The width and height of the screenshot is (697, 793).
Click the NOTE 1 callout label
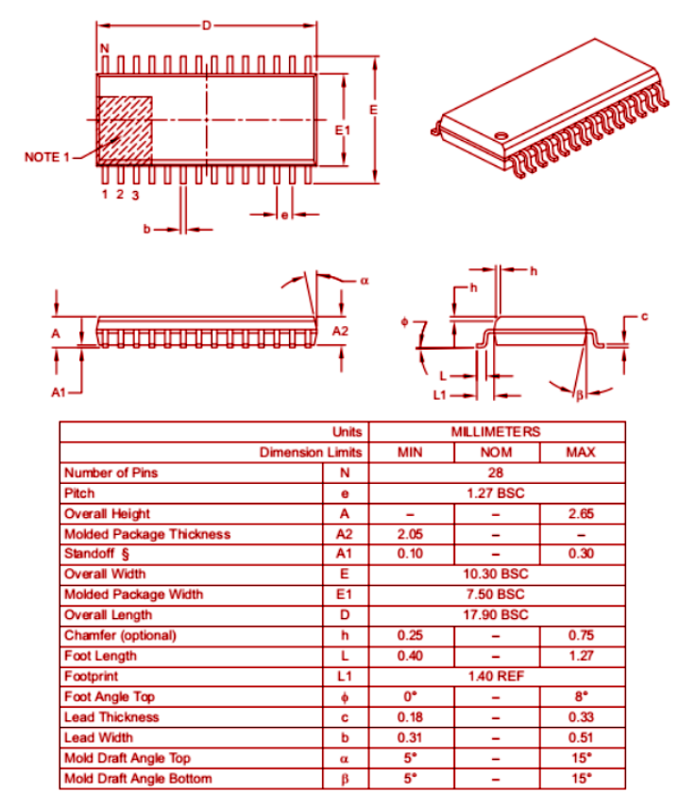(x=46, y=156)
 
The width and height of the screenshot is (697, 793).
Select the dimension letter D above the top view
(x=205, y=25)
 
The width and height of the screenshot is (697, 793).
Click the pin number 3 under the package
(x=136, y=196)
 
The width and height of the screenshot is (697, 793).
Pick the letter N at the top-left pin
(x=104, y=48)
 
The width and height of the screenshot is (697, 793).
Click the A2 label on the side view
(x=341, y=331)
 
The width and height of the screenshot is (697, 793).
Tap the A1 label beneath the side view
(x=59, y=390)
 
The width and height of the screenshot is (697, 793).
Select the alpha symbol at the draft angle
(x=364, y=281)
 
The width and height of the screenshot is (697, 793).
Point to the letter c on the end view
(x=644, y=316)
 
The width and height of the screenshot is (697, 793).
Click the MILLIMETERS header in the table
(x=496, y=432)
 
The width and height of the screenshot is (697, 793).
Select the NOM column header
(x=496, y=453)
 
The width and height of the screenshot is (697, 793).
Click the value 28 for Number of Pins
(x=496, y=473)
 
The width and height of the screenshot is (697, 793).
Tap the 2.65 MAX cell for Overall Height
(x=580, y=513)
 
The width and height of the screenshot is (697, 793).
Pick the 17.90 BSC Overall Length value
(x=496, y=615)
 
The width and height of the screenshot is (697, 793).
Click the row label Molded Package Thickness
(x=146, y=534)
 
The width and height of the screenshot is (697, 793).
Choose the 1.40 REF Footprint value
(x=496, y=677)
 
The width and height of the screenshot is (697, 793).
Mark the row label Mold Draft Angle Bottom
(x=138, y=779)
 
